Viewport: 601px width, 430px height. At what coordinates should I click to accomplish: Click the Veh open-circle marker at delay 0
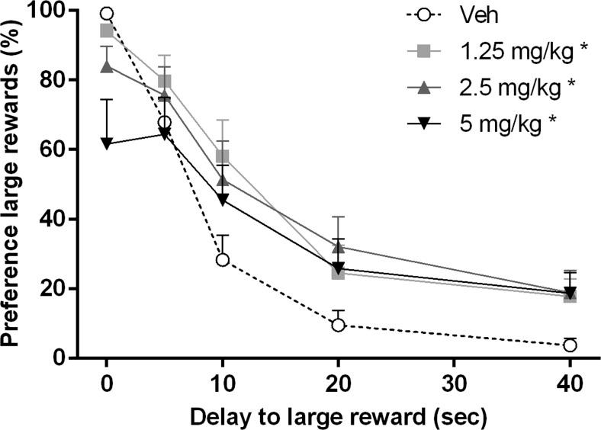(x=107, y=14)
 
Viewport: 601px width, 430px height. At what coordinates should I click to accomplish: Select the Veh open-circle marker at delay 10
(x=223, y=260)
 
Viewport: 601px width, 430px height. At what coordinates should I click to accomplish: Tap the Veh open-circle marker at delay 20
(x=339, y=325)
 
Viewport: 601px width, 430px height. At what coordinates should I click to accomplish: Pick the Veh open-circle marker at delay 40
(x=570, y=345)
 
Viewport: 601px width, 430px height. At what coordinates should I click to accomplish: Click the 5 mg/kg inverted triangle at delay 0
(x=107, y=143)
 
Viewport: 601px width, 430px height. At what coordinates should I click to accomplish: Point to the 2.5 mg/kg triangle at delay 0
(x=107, y=66)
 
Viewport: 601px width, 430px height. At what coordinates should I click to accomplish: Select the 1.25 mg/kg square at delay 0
(x=107, y=30)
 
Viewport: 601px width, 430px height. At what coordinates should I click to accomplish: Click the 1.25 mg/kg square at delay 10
(x=223, y=156)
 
